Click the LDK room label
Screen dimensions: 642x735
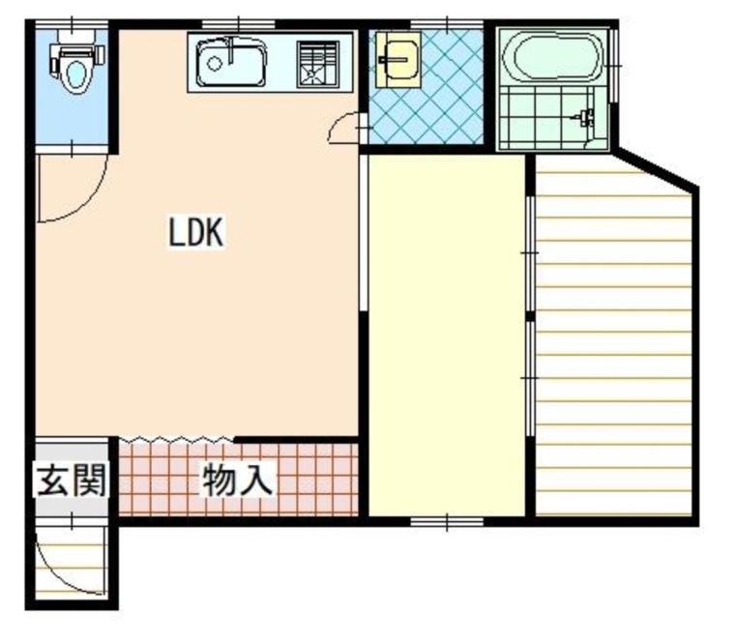197,232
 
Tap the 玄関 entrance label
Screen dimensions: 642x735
71,480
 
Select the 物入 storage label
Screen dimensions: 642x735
237,480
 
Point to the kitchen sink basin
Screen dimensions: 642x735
230,64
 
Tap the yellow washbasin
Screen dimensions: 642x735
397,58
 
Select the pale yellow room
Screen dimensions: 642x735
447,334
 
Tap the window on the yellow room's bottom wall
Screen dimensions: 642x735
447,522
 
